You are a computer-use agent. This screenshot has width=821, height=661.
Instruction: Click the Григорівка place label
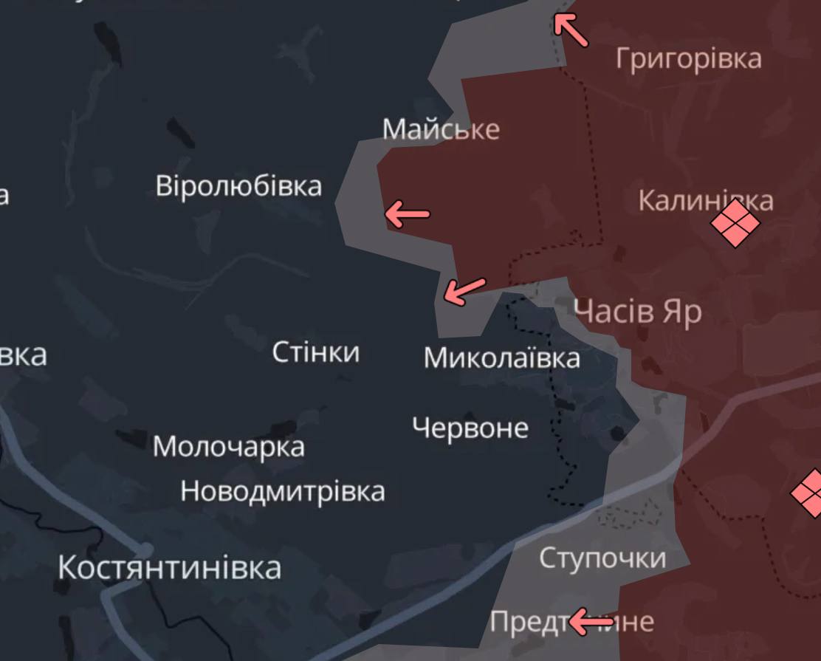688,58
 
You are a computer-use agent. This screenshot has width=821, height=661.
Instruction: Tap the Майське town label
441,129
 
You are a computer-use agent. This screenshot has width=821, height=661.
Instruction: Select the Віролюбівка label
238,185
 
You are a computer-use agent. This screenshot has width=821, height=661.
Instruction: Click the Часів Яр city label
638,312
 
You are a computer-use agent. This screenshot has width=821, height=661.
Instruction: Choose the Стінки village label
316,352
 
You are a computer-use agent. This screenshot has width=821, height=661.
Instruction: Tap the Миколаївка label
501,358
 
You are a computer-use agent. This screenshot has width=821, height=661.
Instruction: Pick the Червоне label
470,428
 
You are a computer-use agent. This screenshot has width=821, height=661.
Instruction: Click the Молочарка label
228,447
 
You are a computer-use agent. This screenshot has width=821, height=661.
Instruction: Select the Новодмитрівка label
283,491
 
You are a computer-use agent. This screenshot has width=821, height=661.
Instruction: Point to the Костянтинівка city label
169,568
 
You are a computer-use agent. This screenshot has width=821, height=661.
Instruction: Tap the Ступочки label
602,558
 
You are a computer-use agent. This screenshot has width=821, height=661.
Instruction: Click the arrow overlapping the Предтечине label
591,623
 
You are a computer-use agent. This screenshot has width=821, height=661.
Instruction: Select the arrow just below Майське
407,214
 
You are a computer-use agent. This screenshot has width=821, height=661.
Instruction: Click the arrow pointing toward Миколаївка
464,291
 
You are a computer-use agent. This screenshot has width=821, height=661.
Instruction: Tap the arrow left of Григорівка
571,30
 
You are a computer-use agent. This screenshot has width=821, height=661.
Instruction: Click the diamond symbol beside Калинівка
735,224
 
